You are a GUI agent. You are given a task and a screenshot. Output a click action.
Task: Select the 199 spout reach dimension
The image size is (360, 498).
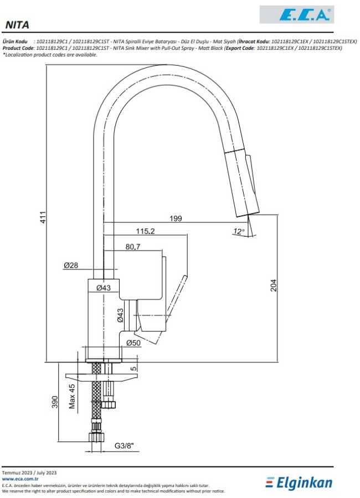176,219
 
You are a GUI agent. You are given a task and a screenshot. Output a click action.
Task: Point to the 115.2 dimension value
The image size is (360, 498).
145,231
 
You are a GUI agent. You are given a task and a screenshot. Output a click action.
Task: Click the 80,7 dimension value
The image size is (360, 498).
133,246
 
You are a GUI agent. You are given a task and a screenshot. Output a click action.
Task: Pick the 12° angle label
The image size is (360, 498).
239,231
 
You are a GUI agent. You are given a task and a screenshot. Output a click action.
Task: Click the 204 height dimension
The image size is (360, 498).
273,285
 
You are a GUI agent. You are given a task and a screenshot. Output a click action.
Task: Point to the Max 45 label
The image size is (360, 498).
72,397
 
